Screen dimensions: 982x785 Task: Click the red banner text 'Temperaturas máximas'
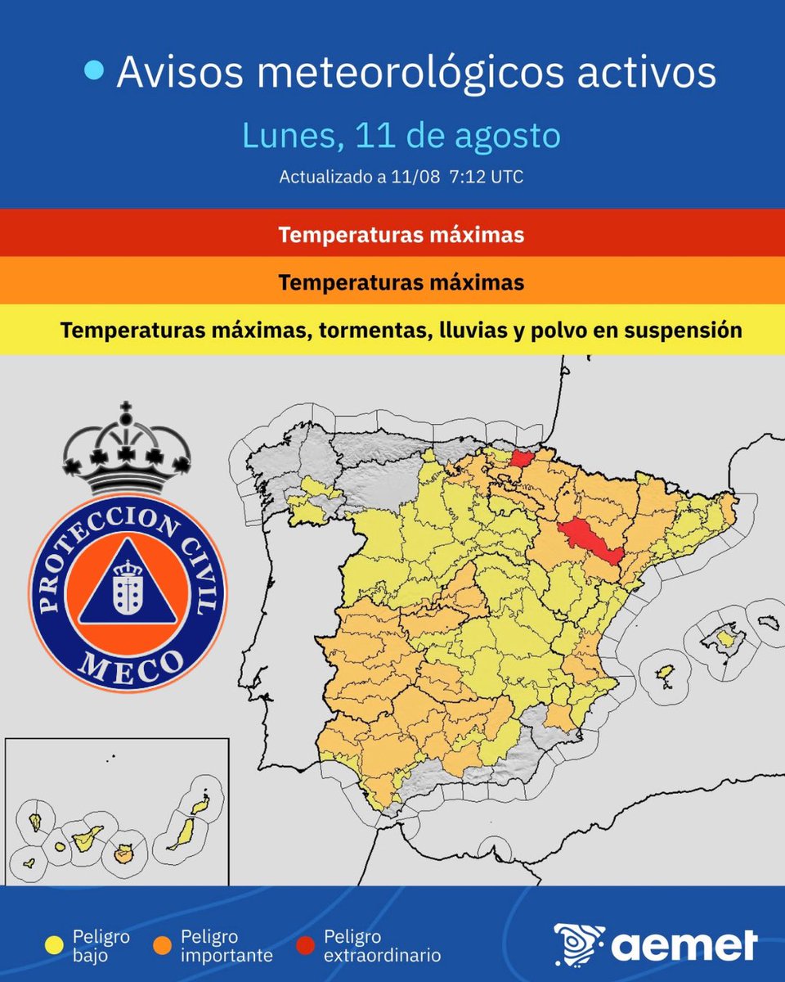point(401,236)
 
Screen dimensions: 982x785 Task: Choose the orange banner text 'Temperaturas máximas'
point(401,283)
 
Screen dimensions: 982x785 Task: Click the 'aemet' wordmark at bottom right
point(684,946)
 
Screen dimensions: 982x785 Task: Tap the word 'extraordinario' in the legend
point(383,955)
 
